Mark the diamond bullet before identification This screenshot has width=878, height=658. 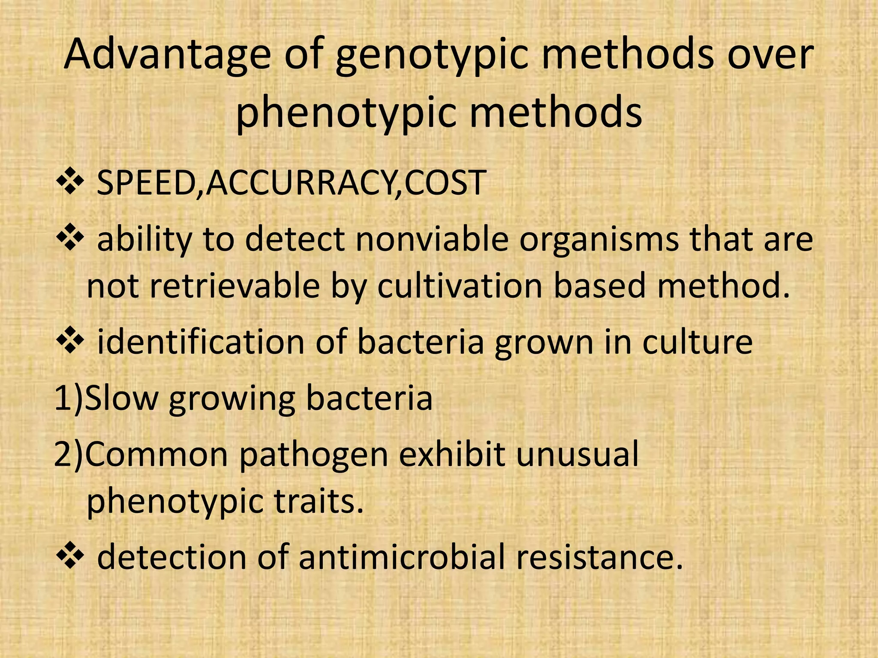tap(69, 341)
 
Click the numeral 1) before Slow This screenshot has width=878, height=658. tap(69, 398)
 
